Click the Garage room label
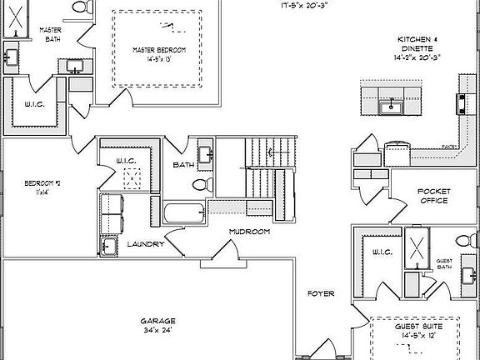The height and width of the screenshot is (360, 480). pyautogui.click(x=155, y=320)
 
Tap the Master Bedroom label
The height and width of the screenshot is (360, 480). pyautogui.click(x=159, y=51)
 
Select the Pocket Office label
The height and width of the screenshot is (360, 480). pyautogui.click(x=432, y=196)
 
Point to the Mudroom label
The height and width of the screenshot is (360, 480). pyautogui.click(x=250, y=232)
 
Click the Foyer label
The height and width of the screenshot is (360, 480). pyautogui.click(x=321, y=293)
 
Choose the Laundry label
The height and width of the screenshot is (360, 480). pyautogui.click(x=145, y=244)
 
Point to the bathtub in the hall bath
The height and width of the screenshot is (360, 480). pyautogui.click(x=184, y=213)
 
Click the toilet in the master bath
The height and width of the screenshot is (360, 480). pyautogui.click(x=81, y=7)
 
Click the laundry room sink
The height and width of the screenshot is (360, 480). pyautogui.click(x=108, y=247)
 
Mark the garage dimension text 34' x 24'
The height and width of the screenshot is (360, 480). pyautogui.click(x=155, y=330)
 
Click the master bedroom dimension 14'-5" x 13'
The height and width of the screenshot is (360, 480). pyautogui.click(x=159, y=60)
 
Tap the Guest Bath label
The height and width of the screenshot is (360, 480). pyautogui.click(x=444, y=264)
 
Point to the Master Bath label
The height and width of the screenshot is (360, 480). pyautogui.click(x=51, y=34)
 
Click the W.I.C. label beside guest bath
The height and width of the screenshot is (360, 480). pyautogui.click(x=382, y=252)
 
